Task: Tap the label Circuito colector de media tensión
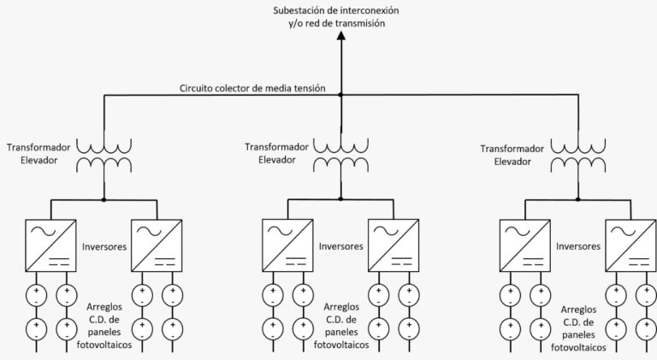(252, 88)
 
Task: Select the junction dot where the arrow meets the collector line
(340, 94)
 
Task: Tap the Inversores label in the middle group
(340, 246)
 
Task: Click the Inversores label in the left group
(104, 246)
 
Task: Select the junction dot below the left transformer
(104, 200)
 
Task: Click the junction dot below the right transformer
(577, 200)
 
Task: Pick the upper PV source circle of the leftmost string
(37, 297)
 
